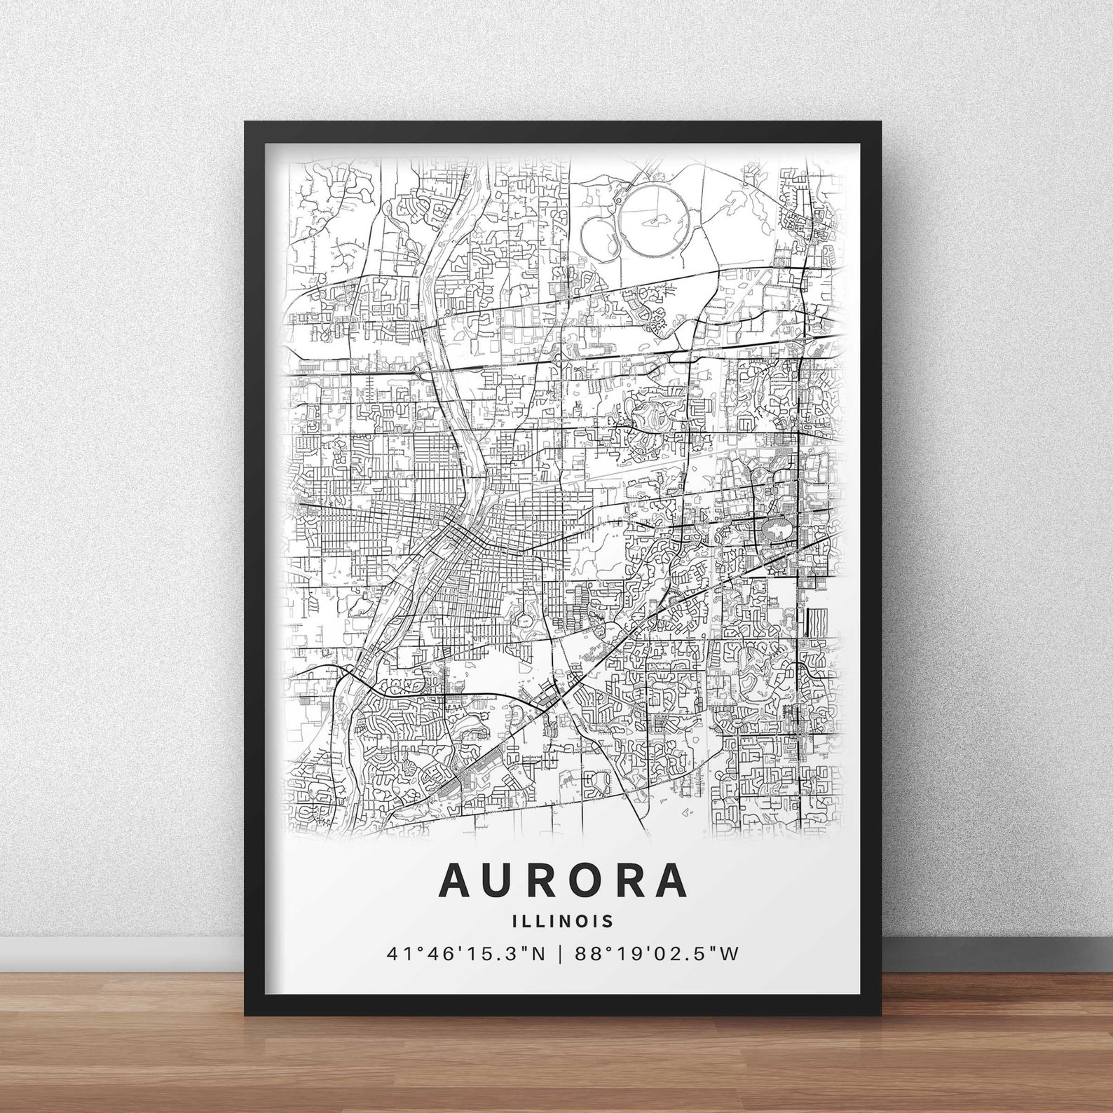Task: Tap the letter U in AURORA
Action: pyautogui.click(x=502, y=880)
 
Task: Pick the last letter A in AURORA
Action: pyautogui.click(x=669, y=880)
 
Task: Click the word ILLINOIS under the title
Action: pyautogui.click(x=562, y=920)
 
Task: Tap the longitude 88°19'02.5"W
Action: pyautogui.click(x=656, y=953)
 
